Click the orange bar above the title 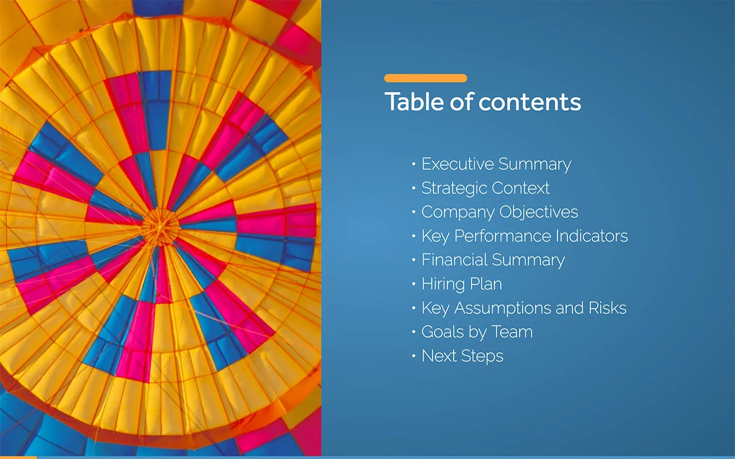(x=425, y=78)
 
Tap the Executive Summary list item (x=496, y=164)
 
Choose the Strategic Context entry (x=485, y=188)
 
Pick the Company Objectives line (x=500, y=212)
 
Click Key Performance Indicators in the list (x=524, y=236)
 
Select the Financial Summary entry (x=493, y=260)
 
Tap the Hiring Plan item (x=461, y=284)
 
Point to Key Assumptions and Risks (x=524, y=308)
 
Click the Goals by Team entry (x=477, y=332)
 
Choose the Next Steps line (x=462, y=356)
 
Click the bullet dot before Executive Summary (x=413, y=165)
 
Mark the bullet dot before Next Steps (x=413, y=357)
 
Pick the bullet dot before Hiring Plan (x=413, y=285)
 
